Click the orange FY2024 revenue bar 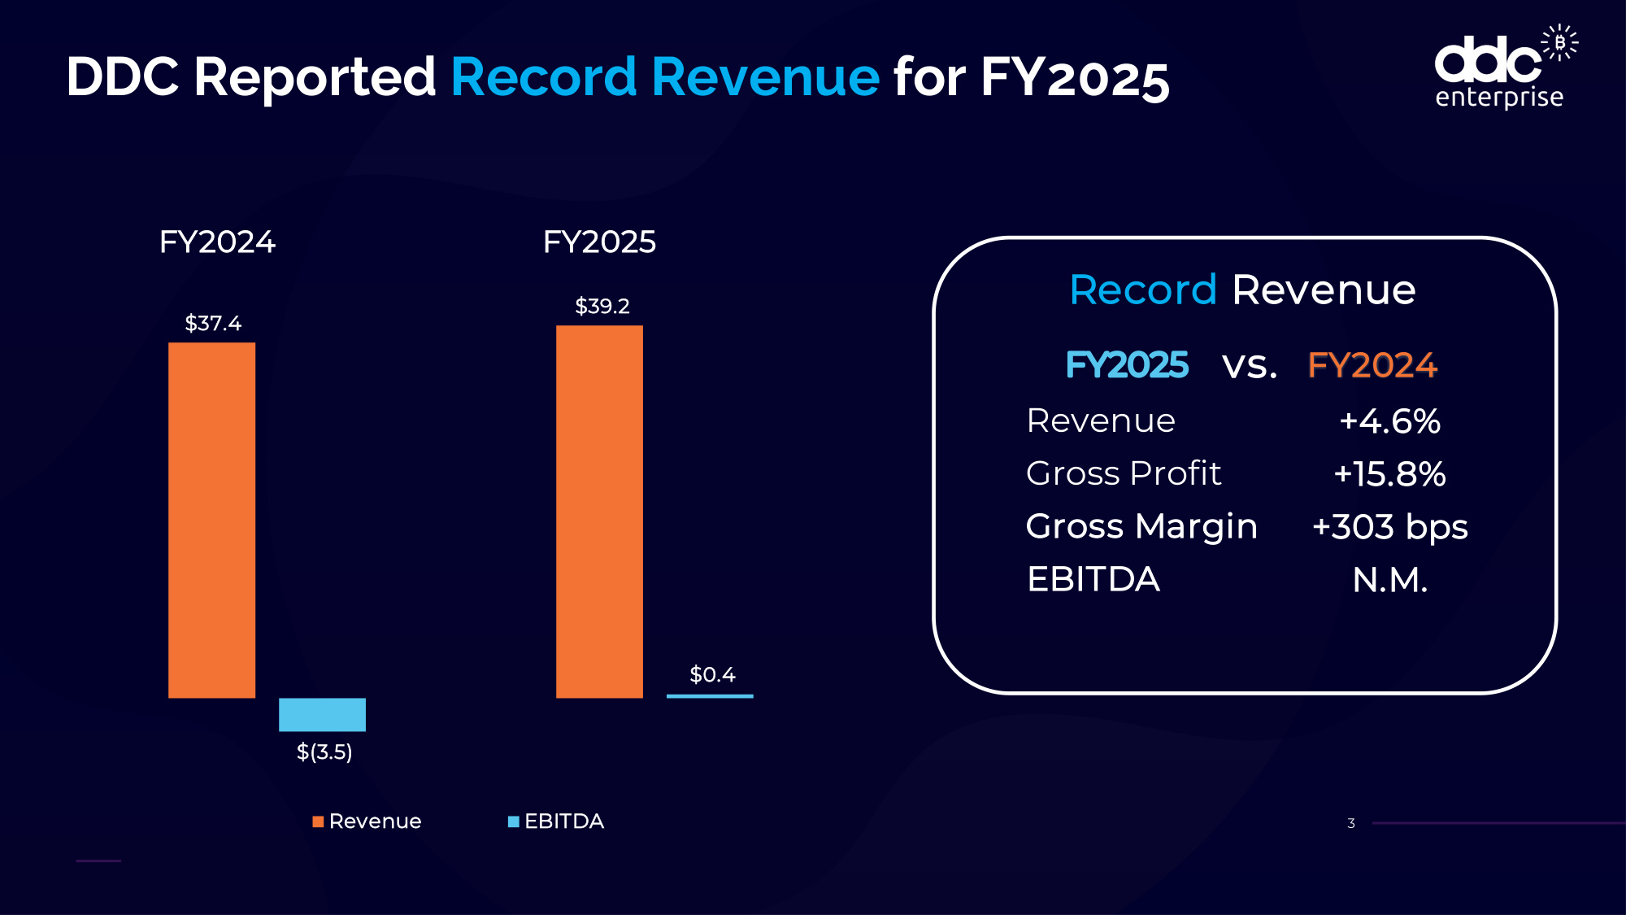211,520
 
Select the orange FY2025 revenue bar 599,512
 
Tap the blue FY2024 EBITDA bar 322,714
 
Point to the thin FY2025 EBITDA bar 710,695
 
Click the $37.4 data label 213,323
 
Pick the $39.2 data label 602,306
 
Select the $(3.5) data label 324,752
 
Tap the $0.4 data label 712,674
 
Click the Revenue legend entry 367,821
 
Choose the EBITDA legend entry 556,821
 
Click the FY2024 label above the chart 217,242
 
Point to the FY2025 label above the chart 599,242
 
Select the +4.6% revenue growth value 1389,421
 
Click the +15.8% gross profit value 1389,474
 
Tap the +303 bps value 1389,527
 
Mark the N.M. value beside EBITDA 1389,580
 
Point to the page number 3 1351,823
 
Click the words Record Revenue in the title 664,77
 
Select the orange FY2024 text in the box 1372,365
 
